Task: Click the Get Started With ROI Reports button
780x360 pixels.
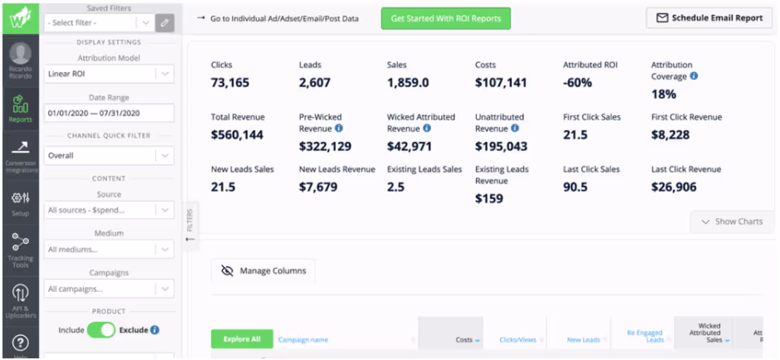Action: [x=445, y=18]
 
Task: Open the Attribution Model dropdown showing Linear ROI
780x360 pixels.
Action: [x=108, y=74]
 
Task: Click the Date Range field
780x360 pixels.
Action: [x=108, y=113]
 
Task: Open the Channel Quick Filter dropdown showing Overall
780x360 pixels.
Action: [x=108, y=155]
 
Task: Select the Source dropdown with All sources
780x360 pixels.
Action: [x=108, y=210]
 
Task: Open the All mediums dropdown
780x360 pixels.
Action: [x=108, y=249]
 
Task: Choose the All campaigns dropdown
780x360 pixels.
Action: [x=108, y=289]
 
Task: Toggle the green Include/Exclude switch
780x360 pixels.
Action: [x=101, y=330]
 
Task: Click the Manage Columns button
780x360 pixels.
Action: [x=264, y=271]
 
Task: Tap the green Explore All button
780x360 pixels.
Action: [x=242, y=339]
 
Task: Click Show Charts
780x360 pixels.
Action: [x=732, y=222]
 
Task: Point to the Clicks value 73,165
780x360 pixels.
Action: [x=230, y=83]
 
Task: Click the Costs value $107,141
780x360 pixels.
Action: [x=501, y=83]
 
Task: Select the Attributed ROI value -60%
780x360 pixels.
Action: [x=577, y=83]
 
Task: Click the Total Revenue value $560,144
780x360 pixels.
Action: [x=238, y=135]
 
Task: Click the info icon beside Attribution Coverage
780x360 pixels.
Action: [x=693, y=76]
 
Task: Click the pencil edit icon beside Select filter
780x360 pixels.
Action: [x=165, y=23]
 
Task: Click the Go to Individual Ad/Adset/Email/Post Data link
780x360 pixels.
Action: [x=284, y=18]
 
